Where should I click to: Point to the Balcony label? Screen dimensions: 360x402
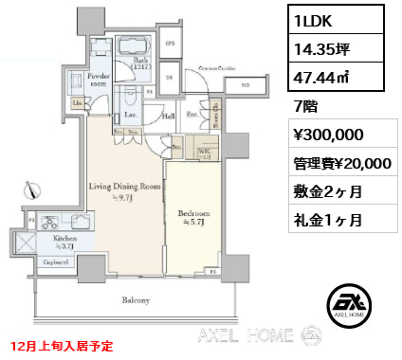coord(136,301)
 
